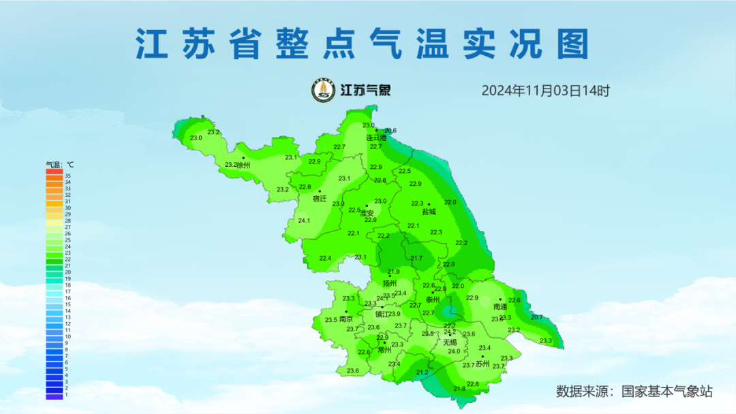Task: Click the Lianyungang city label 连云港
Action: point(376,138)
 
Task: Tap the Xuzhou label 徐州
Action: point(243,165)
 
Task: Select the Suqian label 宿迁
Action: point(320,199)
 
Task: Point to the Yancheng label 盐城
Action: point(429,212)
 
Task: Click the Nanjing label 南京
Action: point(346,319)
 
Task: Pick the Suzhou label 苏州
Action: point(482,364)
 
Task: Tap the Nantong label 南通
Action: point(500,307)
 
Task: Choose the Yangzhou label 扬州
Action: point(389,283)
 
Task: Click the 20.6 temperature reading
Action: point(390,131)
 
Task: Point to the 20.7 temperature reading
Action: point(537,317)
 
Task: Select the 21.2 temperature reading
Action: point(422,372)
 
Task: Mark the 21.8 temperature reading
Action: point(459,388)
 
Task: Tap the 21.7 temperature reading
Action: point(416,258)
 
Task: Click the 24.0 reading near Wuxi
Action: point(454,351)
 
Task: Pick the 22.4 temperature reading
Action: point(325,258)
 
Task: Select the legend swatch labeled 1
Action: point(54,395)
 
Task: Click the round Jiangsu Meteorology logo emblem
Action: point(323,90)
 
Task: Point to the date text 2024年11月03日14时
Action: point(545,90)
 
